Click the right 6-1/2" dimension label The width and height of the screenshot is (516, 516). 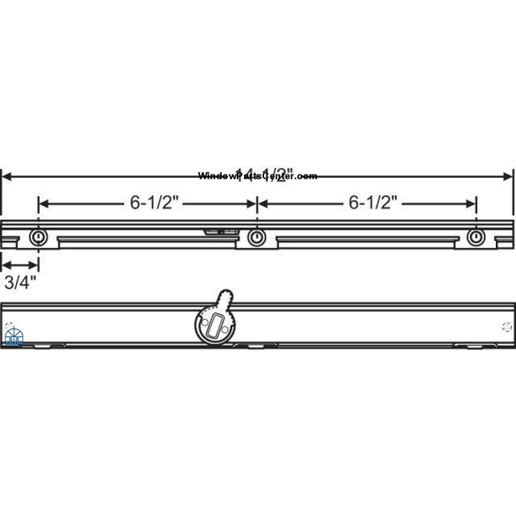[x=367, y=203]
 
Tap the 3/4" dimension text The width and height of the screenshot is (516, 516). [x=20, y=282]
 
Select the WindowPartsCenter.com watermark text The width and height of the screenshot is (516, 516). [x=258, y=176]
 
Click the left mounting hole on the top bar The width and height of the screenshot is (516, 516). [x=38, y=238]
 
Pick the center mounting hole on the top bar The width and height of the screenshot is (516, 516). [x=256, y=238]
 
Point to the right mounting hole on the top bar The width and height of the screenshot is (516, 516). [x=476, y=238]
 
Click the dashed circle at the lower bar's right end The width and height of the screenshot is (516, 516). [x=506, y=326]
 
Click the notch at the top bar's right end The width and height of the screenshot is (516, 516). [x=504, y=238]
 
